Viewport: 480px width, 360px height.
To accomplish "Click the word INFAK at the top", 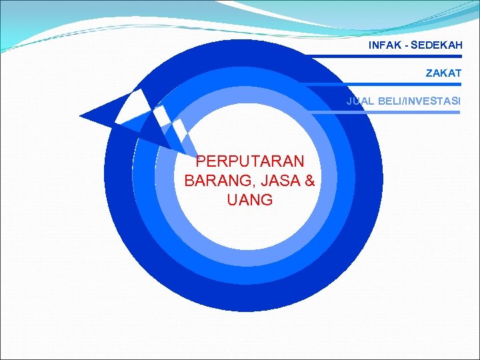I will coord(383,46).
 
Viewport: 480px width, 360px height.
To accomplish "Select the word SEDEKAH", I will coord(436,46).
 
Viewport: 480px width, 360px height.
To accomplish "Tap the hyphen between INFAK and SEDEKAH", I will coord(405,46).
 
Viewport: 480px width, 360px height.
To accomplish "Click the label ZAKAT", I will coord(443,73).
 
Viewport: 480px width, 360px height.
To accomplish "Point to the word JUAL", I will coord(359,101).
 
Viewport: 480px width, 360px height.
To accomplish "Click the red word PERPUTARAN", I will coord(250,161).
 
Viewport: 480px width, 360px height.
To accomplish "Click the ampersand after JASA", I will coord(308,181).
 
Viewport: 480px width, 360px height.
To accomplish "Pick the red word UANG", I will coord(250,200).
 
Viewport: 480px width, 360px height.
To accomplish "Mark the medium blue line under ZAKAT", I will coord(393,84).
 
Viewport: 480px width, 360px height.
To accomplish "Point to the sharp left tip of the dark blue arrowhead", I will coord(81,117).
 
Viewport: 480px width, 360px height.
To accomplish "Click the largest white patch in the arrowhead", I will coord(131,107).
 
